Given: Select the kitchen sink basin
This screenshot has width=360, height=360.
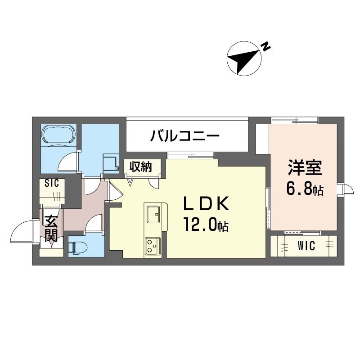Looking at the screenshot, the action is click(x=153, y=214).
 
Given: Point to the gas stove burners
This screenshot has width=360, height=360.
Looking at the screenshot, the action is click(x=153, y=246).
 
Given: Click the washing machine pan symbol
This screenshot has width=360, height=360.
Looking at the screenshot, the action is click(x=111, y=162).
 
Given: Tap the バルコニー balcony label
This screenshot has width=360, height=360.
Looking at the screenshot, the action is click(x=185, y=135).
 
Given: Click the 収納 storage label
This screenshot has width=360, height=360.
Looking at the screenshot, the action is click(x=140, y=166).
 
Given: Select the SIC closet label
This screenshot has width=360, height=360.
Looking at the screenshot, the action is click(x=52, y=183).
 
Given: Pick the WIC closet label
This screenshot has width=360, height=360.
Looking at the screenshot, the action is click(x=306, y=246).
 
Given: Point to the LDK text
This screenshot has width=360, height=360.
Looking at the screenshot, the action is click(x=206, y=203).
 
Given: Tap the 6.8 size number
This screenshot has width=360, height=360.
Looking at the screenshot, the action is click(x=299, y=189).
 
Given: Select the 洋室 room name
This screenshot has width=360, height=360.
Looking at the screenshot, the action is click(x=305, y=168).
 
